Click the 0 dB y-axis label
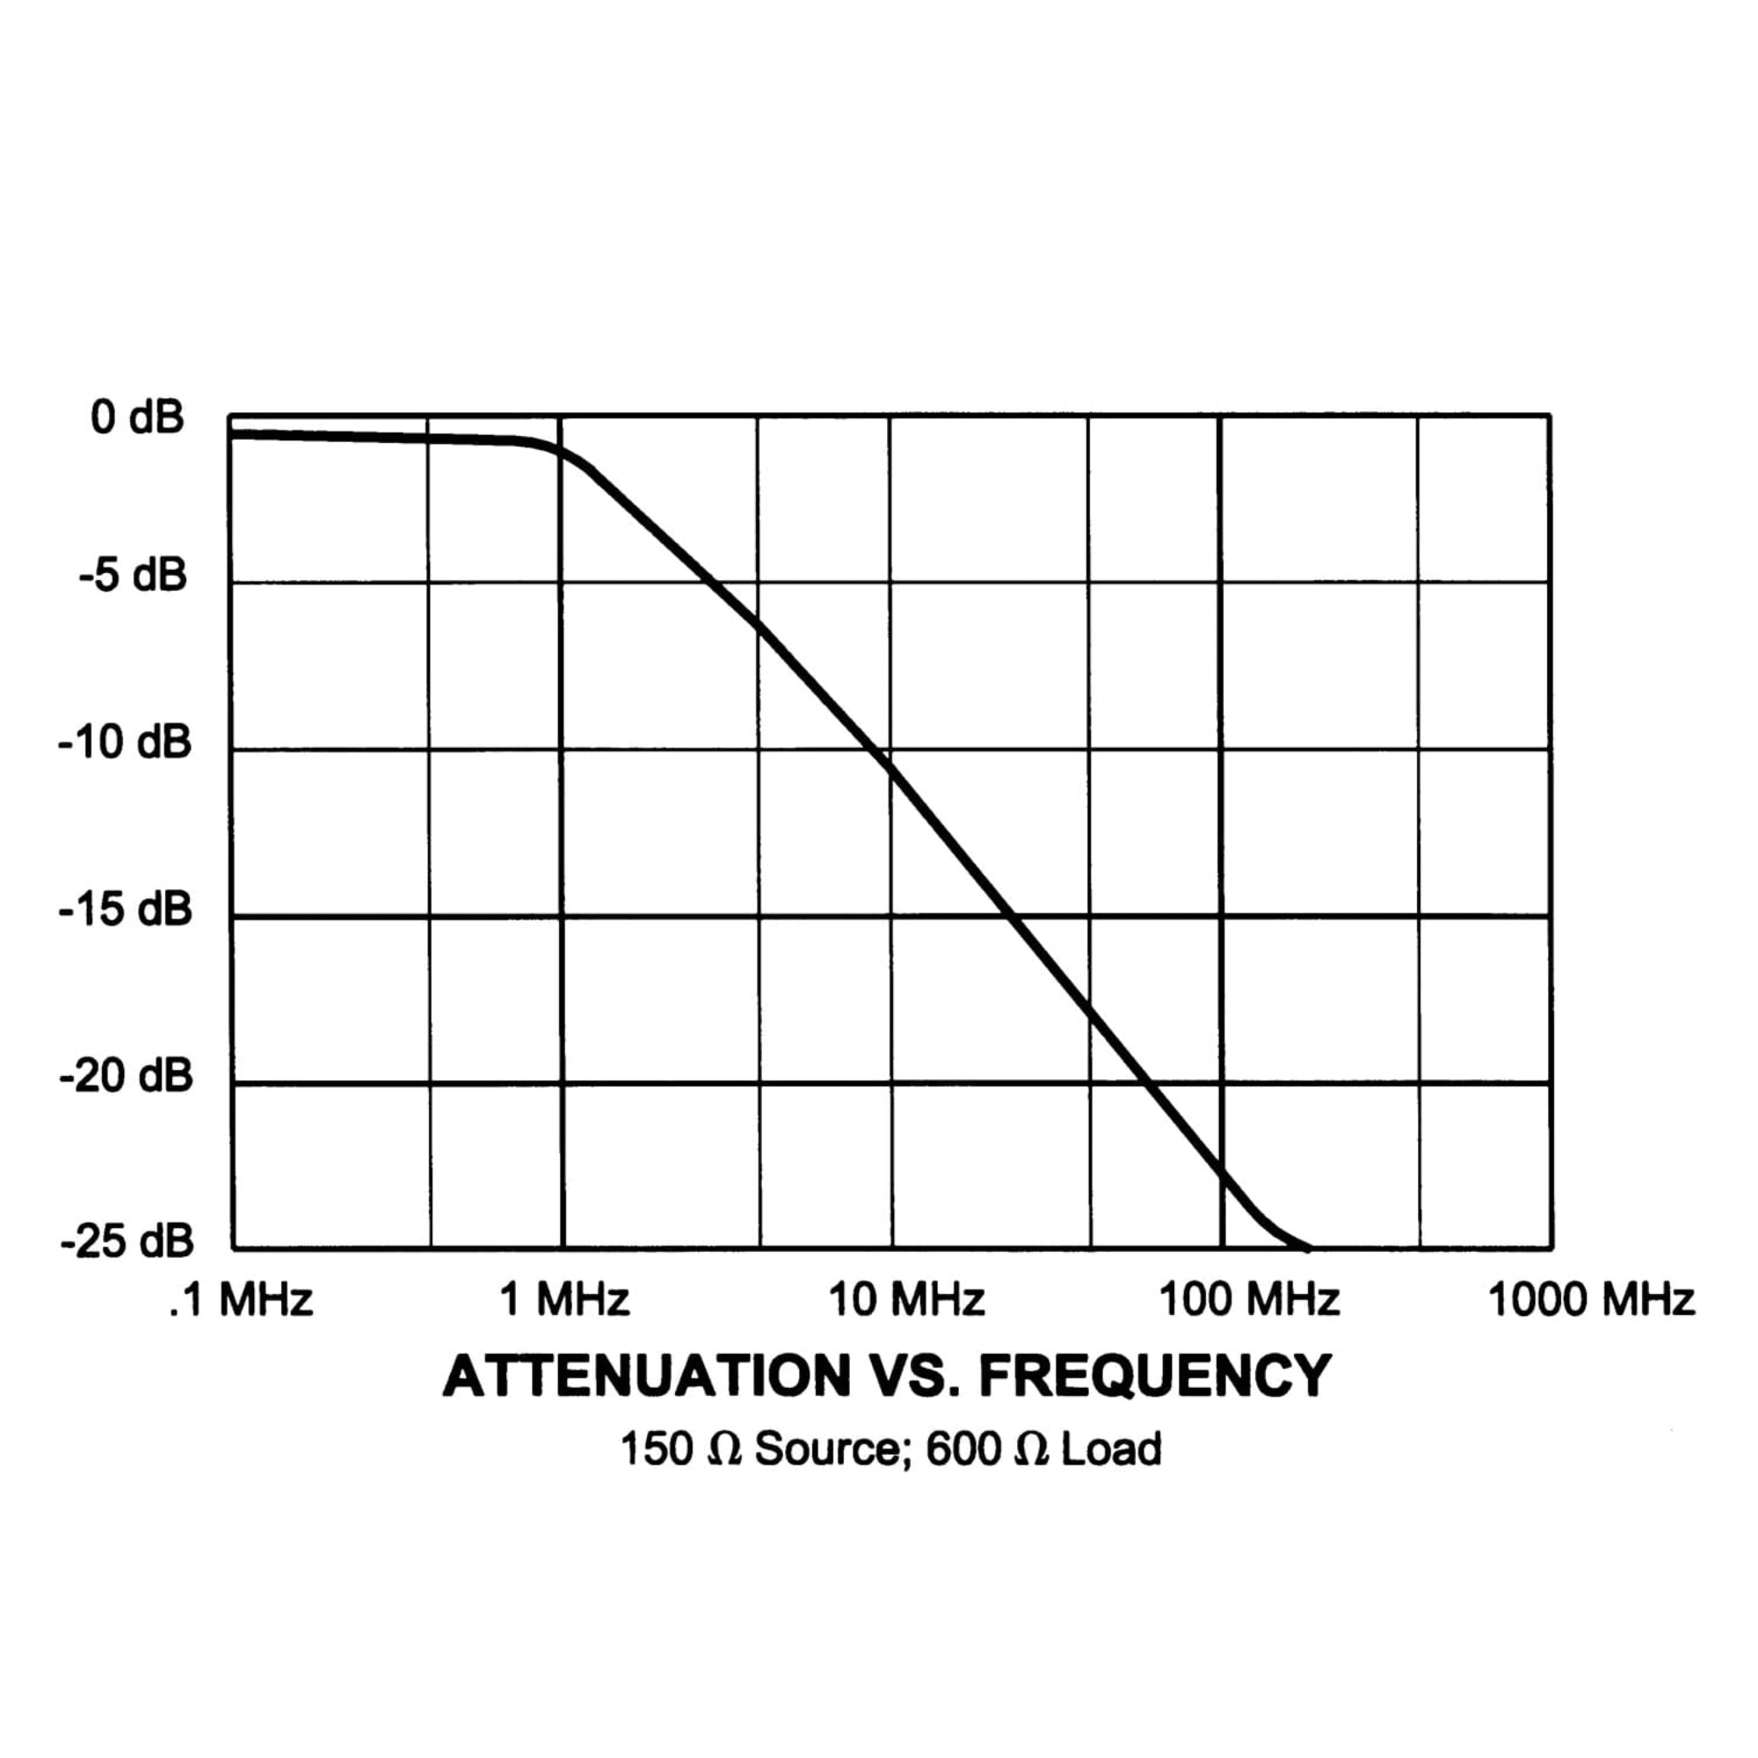point(137,418)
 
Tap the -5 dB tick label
point(132,576)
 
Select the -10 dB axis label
point(125,744)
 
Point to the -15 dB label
point(126,910)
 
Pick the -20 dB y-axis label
point(126,1077)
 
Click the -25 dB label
point(127,1241)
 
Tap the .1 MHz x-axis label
point(241,1299)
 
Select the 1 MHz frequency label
point(564,1299)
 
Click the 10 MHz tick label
point(906,1299)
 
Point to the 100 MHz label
point(1248,1299)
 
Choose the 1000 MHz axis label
point(1591,1299)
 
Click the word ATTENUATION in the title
point(645,1377)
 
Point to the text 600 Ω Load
point(1043,1449)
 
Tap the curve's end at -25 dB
point(1307,1247)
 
